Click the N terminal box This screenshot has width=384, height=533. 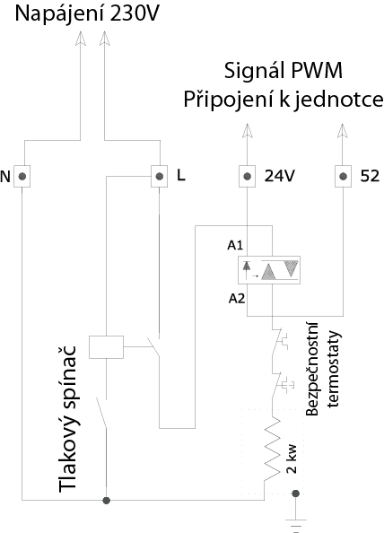click(22, 176)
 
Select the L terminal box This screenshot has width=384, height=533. click(159, 176)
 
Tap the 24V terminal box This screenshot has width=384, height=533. click(247, 176)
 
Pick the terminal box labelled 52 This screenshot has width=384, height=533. click(344, 176)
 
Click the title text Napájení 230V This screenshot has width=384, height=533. click(87, 14)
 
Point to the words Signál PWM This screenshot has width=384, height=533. click(284, 71)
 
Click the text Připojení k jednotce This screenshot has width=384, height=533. click(284, 100)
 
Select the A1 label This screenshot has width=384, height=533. click(235, 245)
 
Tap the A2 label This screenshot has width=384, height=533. click(237, 299)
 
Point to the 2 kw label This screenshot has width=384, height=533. click(292, 459)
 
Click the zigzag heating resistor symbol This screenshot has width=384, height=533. click(272, 449)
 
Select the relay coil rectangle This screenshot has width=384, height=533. click(107, 347)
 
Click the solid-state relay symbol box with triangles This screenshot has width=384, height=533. click(269, 270)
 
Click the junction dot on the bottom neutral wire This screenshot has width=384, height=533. click(107, 501)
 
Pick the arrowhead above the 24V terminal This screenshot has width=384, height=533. click(247, 130)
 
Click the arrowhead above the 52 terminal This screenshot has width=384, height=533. click(342, 130)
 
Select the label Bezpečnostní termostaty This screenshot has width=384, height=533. click(323, 369)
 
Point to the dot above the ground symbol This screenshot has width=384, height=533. click(296, 494)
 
